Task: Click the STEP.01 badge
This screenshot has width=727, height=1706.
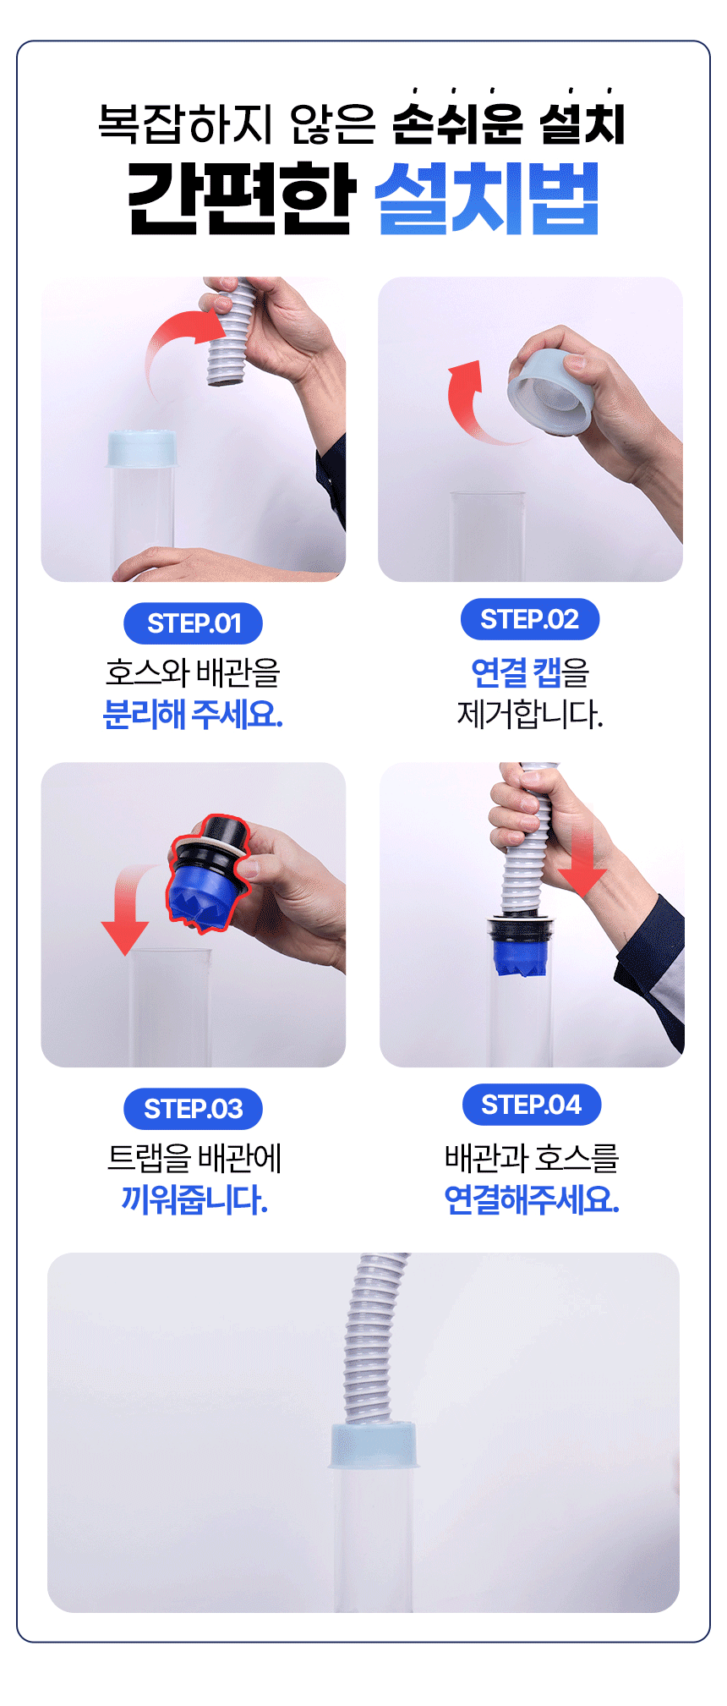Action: pos(193,623)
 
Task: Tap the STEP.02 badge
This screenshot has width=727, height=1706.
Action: pos(530,619)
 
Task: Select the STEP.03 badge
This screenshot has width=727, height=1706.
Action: pos(193,1109)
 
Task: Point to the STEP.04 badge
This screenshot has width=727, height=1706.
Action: pos(532,1105)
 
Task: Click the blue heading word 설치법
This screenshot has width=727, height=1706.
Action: pos(487,199)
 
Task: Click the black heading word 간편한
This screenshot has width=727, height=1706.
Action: pos(240,199)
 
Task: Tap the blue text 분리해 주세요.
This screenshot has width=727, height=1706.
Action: pos(193,715)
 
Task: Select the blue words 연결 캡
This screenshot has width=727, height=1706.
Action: pos(516,672)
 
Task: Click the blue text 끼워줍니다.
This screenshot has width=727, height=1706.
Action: pos(194,1199)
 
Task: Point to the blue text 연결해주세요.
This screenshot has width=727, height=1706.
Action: pos(532,1199)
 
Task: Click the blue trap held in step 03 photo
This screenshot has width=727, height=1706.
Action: pos(207,875)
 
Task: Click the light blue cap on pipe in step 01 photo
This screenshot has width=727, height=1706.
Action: pos(142,448)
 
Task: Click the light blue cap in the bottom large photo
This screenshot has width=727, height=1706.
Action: pos(373,1445)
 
